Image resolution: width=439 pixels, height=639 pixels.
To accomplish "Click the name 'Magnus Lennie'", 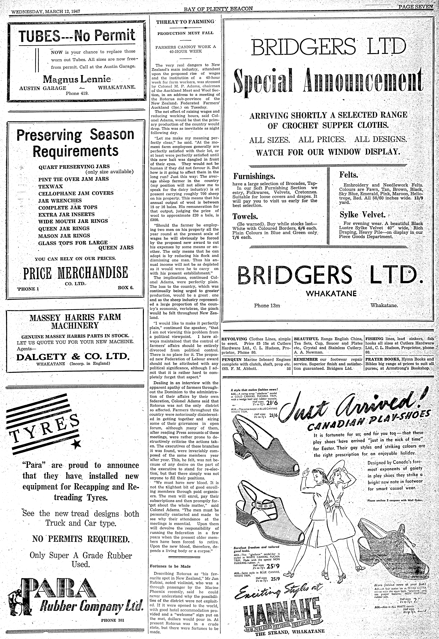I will pyautogui.click(x=77, y=80).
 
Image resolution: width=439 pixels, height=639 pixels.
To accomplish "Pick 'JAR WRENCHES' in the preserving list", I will pyautogui.click(x=60, y=200).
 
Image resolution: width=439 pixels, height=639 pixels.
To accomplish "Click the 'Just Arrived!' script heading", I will pyautogui.click(x=355, y=404).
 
